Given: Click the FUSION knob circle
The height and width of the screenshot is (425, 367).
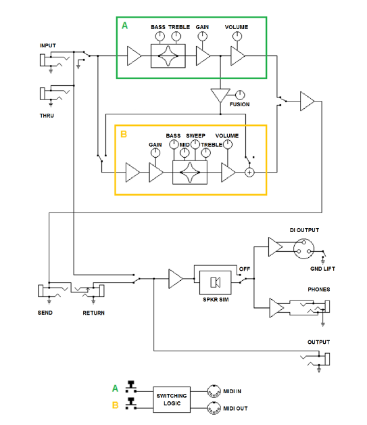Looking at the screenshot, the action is pos(240,95).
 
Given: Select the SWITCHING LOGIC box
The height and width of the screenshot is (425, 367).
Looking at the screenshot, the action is pos(172,399).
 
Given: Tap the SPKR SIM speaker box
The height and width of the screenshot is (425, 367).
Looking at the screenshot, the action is pos(216,282).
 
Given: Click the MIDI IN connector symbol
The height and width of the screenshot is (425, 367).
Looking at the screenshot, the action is pos(214,391).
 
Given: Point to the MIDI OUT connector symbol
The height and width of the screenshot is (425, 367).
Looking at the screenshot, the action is pos(214,408).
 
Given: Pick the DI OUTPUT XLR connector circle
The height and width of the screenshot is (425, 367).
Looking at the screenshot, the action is pos(303,248).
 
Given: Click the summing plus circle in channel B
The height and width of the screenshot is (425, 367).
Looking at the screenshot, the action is pos(249,173).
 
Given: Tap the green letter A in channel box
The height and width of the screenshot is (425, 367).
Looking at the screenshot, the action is pos(124,26).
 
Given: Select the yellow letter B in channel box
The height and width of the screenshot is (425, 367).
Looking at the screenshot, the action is pos(124,134).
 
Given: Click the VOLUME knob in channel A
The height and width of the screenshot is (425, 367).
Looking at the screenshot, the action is pos(237,36).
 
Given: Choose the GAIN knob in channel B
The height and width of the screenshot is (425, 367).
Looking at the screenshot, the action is pos(155,153).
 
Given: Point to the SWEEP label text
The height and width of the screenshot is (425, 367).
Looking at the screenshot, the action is pos(196,135).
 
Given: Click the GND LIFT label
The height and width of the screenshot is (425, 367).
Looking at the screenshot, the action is pos(322,269).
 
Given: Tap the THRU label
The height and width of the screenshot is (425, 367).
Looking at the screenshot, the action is pos(47,116).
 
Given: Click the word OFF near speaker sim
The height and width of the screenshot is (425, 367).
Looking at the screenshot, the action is pos(245,269).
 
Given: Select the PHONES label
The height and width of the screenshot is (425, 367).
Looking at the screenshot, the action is pos(319,289).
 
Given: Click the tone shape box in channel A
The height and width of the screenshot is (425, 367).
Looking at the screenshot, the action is pos(168,56).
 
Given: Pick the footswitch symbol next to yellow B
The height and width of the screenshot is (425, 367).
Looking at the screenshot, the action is pos(131,403).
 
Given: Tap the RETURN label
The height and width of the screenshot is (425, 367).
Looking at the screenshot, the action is pos(94,313).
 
